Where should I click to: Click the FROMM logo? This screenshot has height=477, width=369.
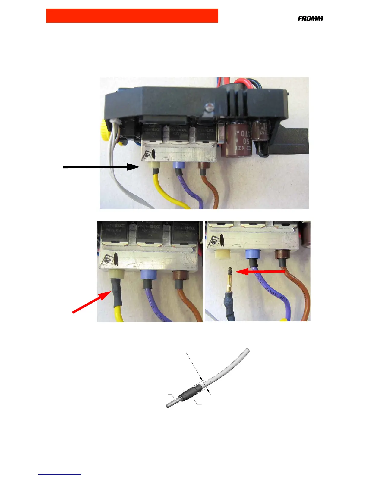point(310,19)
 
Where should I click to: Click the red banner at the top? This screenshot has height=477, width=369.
point(132,16)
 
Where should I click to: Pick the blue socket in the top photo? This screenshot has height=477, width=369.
point(178,165)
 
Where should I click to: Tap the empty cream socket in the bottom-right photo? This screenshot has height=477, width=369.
point(222,254)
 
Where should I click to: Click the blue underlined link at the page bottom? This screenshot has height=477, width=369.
point(60,474)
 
